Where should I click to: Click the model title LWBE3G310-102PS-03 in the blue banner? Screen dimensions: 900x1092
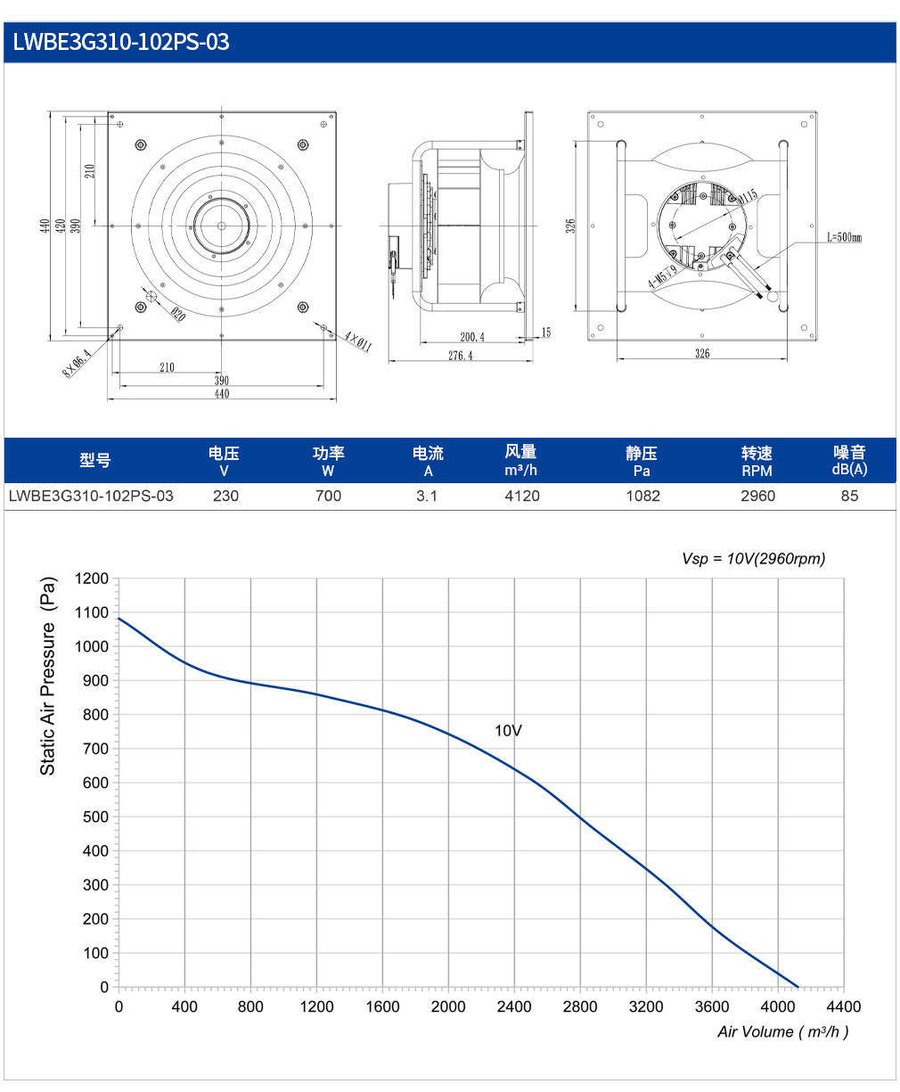[121, 42]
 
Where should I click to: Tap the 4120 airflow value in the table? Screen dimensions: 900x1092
[522, 496]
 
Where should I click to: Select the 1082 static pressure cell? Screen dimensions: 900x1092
[642, 496]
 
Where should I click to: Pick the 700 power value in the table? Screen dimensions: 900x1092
[328, 496]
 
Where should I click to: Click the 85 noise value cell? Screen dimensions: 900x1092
[849, 496]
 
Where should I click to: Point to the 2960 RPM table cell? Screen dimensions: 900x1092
[757, 496]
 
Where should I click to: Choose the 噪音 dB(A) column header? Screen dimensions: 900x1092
[849, 460]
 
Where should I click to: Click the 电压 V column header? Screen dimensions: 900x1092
[224, 461]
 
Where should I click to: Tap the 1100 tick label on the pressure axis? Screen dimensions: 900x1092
[92, 612]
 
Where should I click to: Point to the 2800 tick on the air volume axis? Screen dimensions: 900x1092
[580, 1006]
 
